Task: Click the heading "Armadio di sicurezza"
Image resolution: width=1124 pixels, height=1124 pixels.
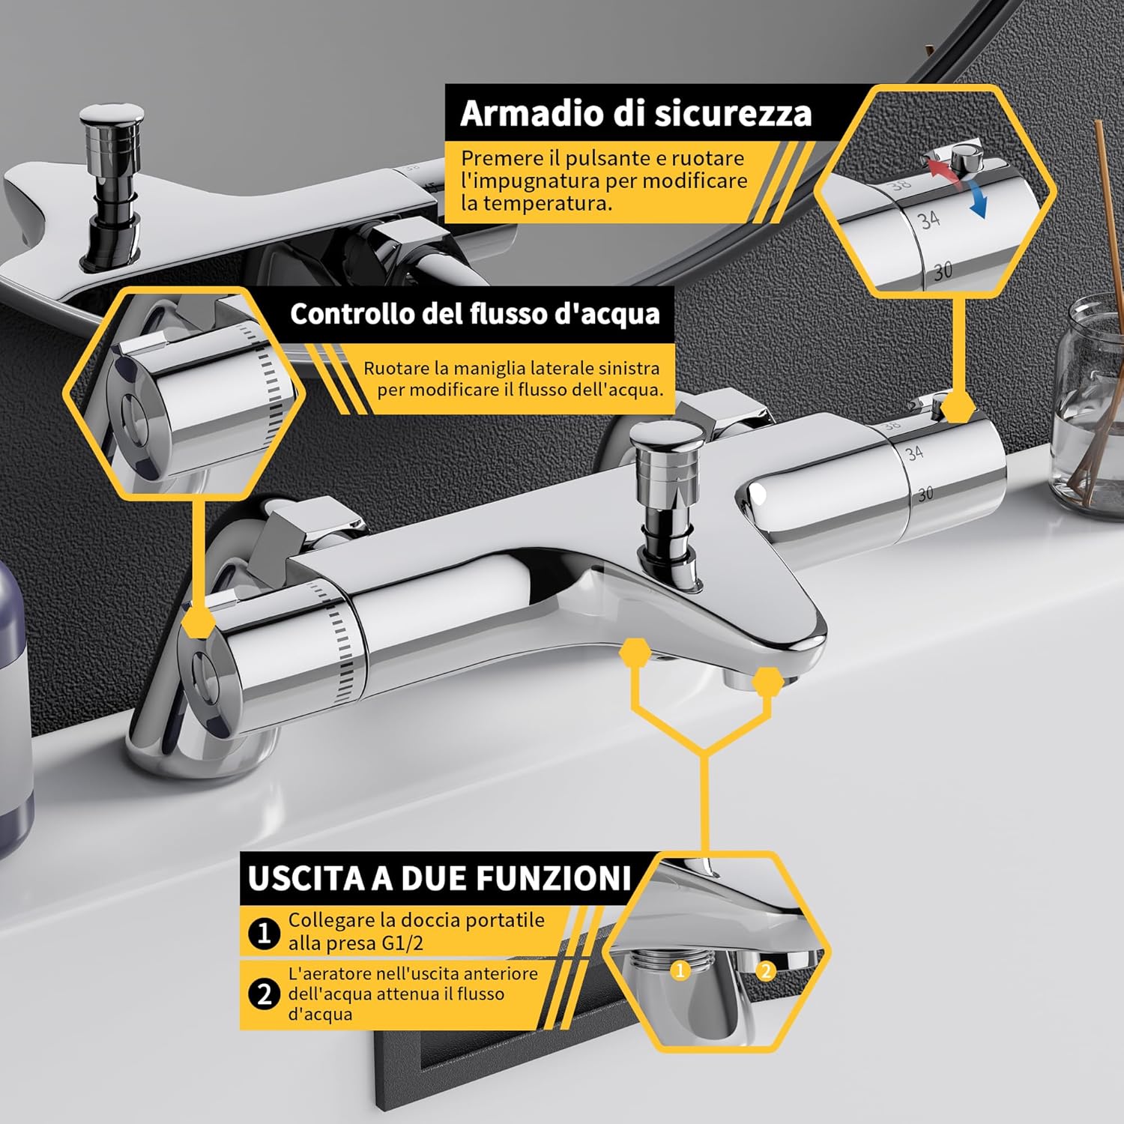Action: coord(635,113)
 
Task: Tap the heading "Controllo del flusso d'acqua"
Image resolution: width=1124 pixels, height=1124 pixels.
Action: coord(475,314)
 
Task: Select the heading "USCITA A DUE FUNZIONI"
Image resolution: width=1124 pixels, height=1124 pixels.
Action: coord(440,878)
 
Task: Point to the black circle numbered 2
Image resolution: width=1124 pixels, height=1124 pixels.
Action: coord(264,995)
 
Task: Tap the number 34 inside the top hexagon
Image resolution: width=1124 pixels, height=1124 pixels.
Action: coord(929,220)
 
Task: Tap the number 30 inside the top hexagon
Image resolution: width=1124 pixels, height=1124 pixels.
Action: coord(943,271)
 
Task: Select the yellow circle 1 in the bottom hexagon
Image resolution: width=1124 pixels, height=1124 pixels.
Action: coord(680,970)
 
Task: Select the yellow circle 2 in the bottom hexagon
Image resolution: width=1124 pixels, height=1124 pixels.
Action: coord(765,971)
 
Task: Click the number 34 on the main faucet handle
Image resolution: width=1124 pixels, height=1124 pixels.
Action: coord(914,453)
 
